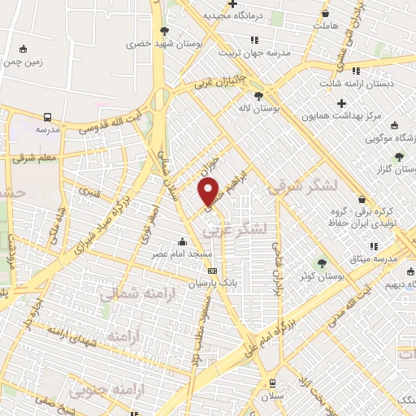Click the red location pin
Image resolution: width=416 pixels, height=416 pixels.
tap(210, 191)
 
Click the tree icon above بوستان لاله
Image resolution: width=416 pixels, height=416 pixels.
tap(258, 96)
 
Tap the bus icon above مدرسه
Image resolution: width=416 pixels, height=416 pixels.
tap(48, 117)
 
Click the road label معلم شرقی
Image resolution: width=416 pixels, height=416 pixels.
tap(35, 158)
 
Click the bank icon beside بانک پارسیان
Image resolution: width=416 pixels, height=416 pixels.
tap(213, 271)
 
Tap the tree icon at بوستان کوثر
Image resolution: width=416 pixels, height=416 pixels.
tap(323, 263)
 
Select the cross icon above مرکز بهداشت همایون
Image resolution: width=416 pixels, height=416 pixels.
tap(341, 103)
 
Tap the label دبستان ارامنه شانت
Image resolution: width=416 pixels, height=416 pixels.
tap(365, 83)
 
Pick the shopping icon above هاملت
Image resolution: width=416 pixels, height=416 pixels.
tap(325, 14)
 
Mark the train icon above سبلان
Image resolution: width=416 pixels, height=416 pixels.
tap(271, 382)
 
